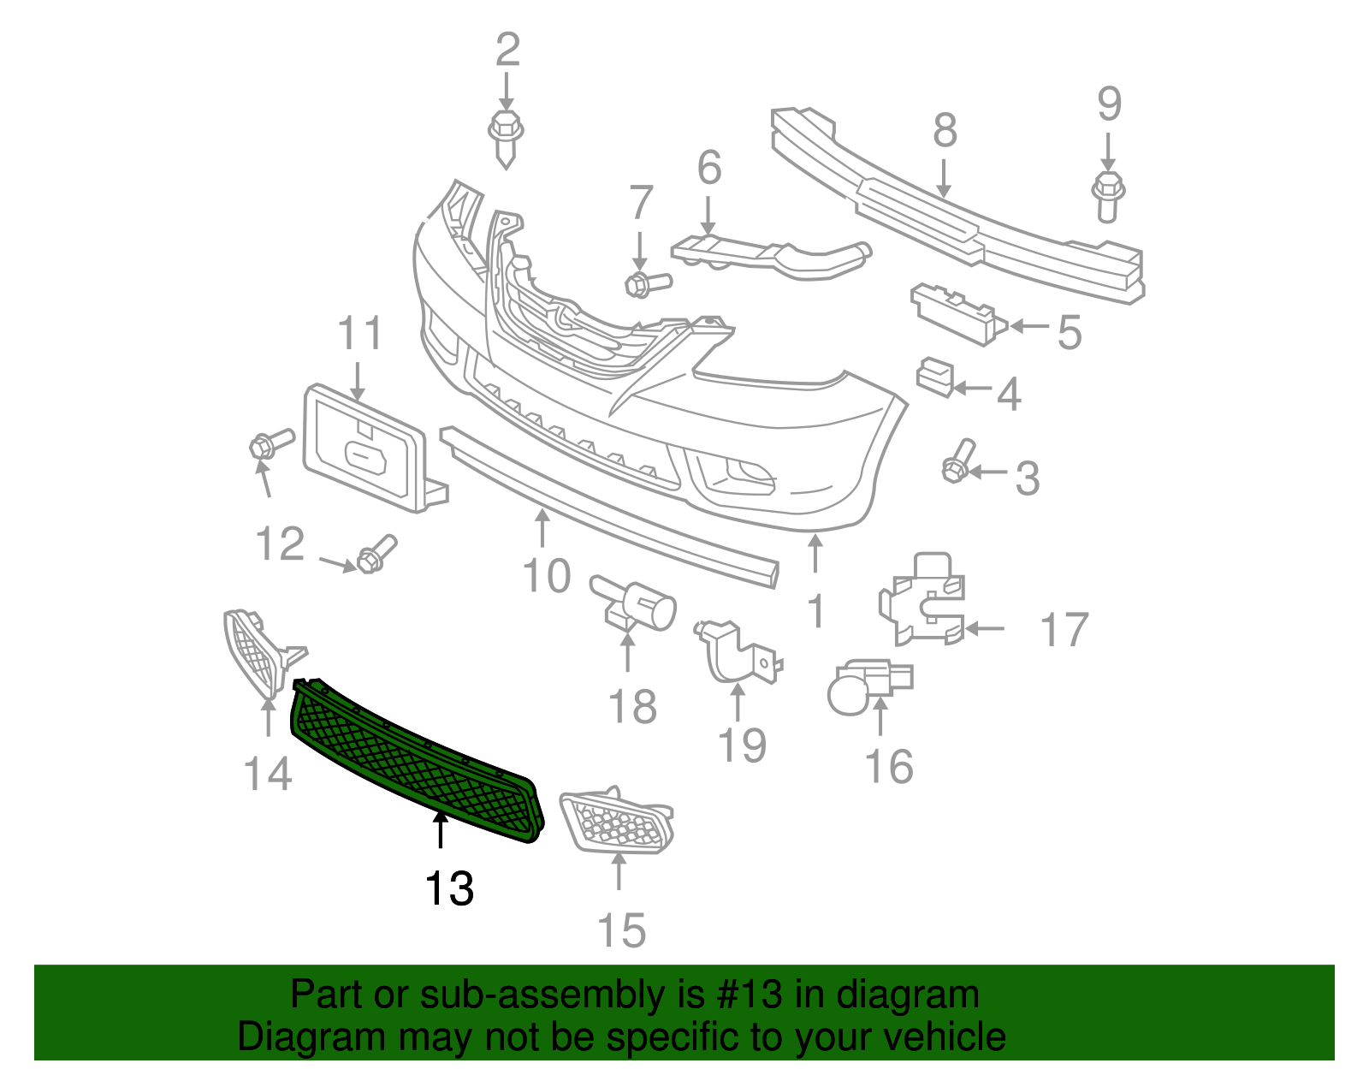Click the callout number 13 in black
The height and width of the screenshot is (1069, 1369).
(x=449, y=888)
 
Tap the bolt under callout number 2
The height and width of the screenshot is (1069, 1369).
(x=506, y=136)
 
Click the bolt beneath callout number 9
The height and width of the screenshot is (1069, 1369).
(x=1108, y=194)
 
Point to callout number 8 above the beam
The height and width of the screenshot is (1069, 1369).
(x=945, y=131)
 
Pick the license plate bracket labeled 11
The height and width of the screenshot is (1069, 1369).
(x=364, y=449)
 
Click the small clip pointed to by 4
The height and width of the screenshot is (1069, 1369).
(x=935, y=377)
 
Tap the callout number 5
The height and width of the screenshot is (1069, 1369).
(x=1070, y=332)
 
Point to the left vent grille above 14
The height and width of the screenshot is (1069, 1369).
(x=257, y=650)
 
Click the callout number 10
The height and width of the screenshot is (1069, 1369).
(x=547, y=576)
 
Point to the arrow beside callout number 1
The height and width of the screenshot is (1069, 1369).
(x=815, y=553)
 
